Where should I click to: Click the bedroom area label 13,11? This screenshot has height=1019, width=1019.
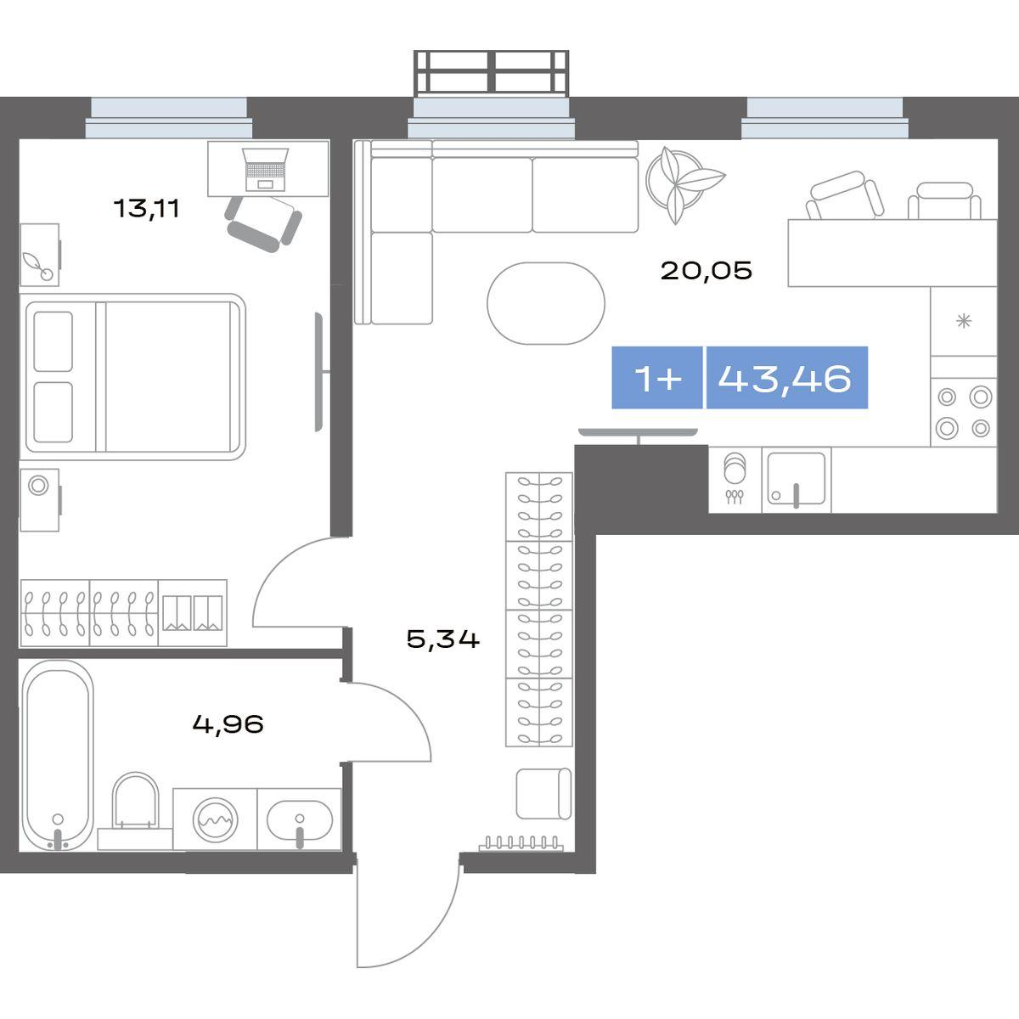[x=146, y=208]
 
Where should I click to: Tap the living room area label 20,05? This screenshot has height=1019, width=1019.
[x=706, y=271]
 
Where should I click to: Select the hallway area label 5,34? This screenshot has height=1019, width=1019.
[x=443, y=639]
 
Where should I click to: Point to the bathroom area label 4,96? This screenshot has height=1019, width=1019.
[x=228, y=724]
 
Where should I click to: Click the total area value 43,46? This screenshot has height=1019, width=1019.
[x=785, y=379]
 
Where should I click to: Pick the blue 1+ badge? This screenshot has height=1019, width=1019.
[x=657, y=378]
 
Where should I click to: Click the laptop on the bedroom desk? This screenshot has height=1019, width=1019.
[x=265, y=169]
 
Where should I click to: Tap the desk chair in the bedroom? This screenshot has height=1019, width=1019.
[x=263, y=223]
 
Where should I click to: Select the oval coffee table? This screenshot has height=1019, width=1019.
[x=546, y=303]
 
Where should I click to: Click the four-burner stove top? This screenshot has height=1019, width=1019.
[x=964, y=413]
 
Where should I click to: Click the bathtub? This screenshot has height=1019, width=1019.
[x=58, y=756]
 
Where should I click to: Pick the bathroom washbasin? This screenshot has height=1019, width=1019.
[x=299, y=820]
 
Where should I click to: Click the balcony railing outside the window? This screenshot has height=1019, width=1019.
[x=492, y=72]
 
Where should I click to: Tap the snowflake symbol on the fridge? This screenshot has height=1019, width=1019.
[x=964, y=321]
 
